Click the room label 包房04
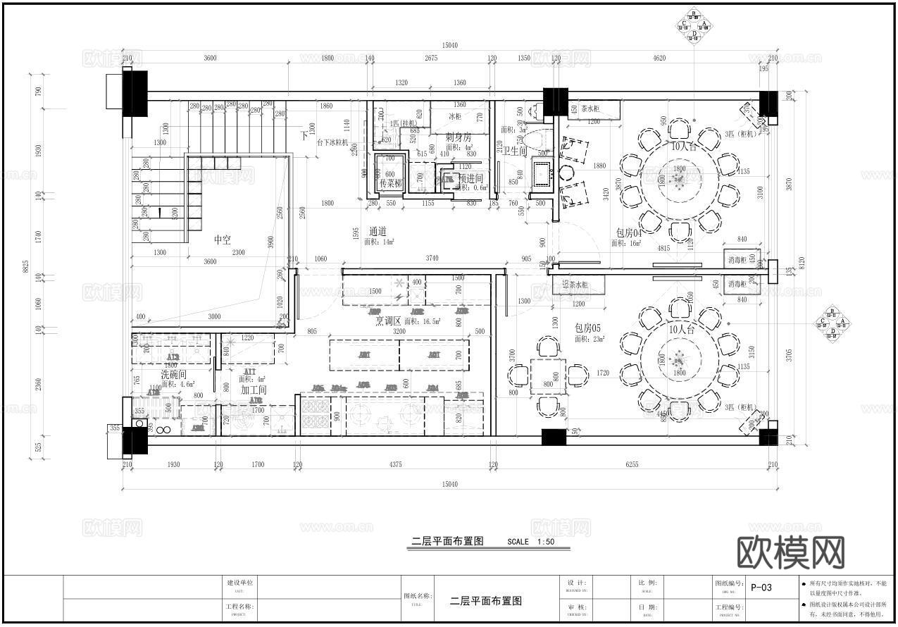[x=629, y=232]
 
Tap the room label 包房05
[x=587, y=328]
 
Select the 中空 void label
[x=222, y=240]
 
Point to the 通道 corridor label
[x=378, y=231]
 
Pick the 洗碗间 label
[x=174, y=375]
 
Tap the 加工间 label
[x=253, y=390]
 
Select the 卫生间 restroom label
[x=514, y=151]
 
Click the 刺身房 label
[x=458, y=137]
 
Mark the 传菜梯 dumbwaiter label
[x=390, y=183]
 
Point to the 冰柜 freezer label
[x=455, y=116]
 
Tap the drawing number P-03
[x=761, y=587]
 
